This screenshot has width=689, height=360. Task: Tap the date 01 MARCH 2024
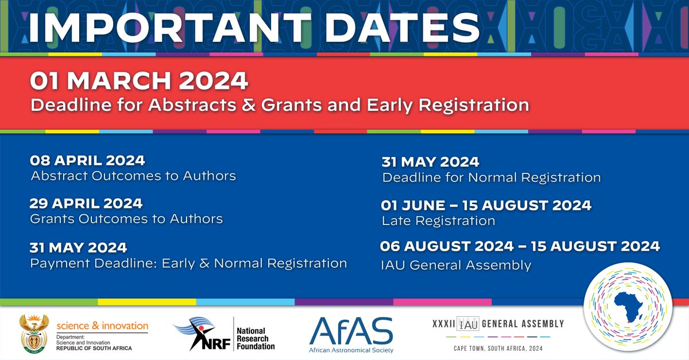(139, 81)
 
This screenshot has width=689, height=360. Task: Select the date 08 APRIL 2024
(87, 160)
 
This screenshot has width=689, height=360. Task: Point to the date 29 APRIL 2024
(86, 204)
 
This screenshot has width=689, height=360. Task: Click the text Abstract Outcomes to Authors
(133, 176)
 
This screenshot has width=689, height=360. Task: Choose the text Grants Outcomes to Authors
(126, 219)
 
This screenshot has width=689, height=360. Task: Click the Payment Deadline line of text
(188, 264)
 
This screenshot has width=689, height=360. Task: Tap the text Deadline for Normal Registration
(491, 177)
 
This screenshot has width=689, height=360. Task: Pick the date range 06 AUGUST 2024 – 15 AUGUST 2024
(520, 247)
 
